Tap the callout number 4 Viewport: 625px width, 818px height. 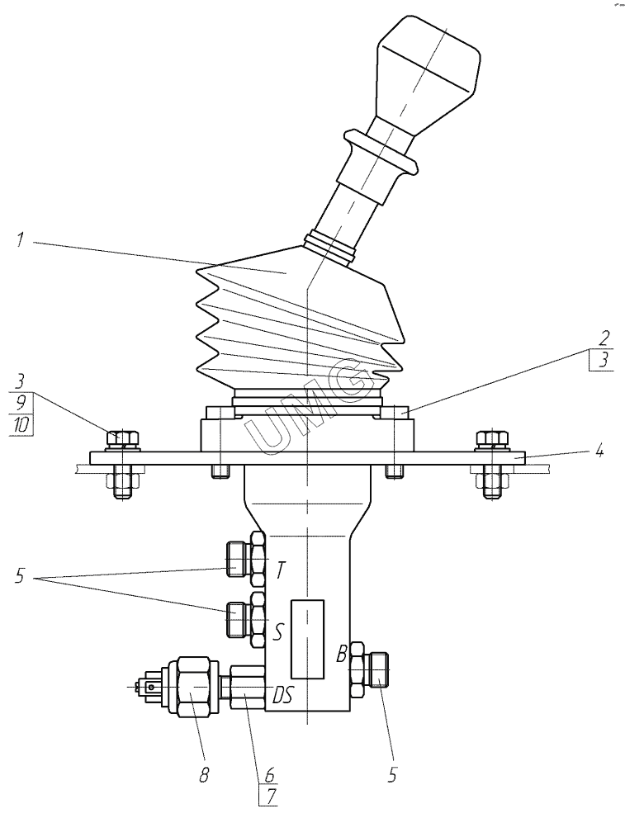click(x=600, y=450)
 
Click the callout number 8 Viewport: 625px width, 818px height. click(x=204, y=775)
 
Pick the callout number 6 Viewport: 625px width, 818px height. click(x=269, y=773)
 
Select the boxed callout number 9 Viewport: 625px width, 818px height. click(x=21, y=403)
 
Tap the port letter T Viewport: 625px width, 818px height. click(x=281, y=570)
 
